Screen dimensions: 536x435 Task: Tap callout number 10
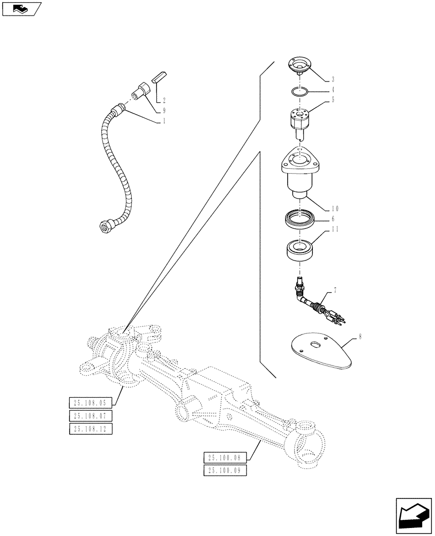(335, 208)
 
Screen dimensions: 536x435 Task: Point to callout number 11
(335, 229)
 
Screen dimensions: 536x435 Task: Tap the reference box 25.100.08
(224, 458)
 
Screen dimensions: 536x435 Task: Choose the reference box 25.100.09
(224, 470)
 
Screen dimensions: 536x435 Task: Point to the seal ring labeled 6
(301, 219)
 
